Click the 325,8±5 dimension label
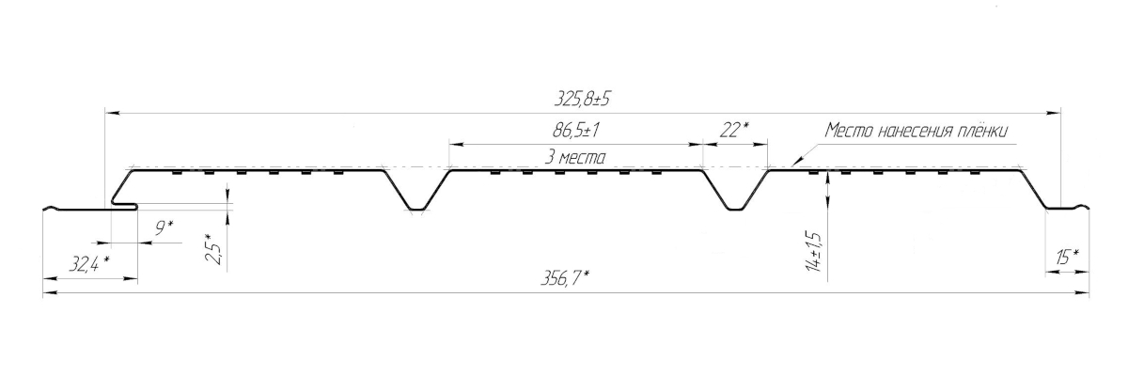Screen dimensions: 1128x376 pos(582,99)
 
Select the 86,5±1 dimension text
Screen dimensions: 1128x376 pos(575,131)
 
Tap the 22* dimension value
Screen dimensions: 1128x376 pos(734,131)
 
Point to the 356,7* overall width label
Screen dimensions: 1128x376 pos(565,277)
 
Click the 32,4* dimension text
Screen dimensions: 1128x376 pos(89,263)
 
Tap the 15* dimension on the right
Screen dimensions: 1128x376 pos(1067,258)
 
